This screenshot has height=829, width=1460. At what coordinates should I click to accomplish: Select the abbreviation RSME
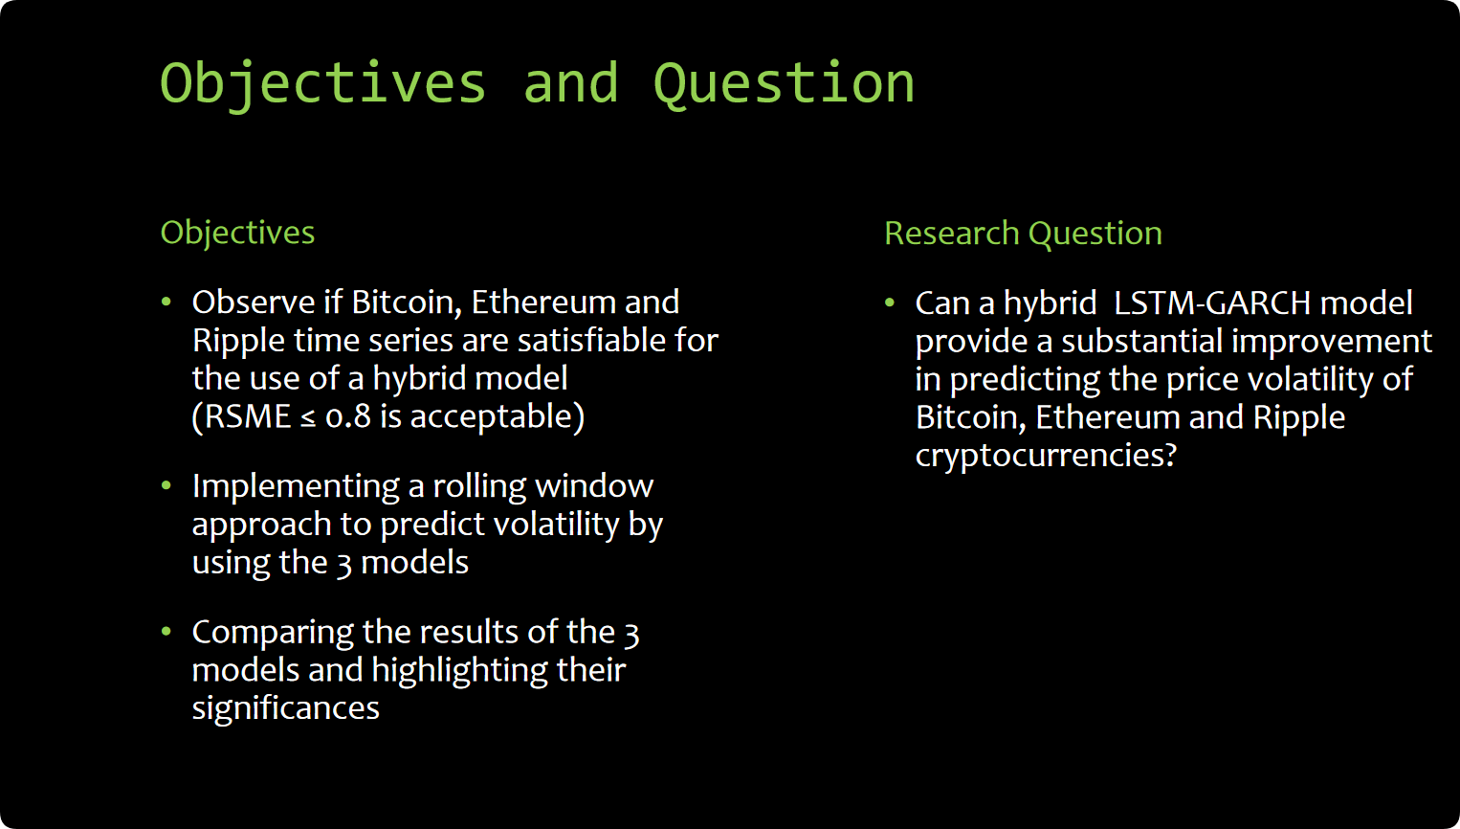pos(247,416)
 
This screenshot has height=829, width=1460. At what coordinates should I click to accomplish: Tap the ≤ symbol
pos(308,418)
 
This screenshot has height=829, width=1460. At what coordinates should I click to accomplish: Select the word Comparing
pos(273,634)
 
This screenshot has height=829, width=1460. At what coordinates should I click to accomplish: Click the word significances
pos(285,708)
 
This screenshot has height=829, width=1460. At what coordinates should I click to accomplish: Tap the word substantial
pos(1142,341)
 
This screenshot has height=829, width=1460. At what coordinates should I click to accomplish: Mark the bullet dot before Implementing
pos(166,485)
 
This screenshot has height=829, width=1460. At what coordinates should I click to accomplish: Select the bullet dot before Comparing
pos(166,632)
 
